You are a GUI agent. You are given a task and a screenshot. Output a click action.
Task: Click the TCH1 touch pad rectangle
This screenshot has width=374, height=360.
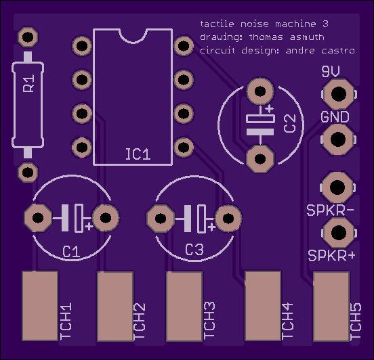coord(40,306)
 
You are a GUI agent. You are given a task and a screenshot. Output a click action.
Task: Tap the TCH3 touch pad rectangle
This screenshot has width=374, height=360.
coord(184,307)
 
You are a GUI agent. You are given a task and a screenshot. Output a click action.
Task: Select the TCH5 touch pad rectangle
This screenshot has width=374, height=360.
coord(331,307)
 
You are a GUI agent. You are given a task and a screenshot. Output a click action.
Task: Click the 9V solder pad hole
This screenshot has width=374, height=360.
coord(339,94)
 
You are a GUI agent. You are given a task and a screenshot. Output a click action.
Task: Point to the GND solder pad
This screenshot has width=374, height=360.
coord(338,139)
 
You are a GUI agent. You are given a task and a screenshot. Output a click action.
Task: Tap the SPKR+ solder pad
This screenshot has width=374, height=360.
coord(339,233)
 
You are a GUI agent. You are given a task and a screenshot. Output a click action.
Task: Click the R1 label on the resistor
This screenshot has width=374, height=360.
coord(28,83)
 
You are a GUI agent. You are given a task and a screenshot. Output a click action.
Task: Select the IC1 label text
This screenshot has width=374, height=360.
coord(138,154)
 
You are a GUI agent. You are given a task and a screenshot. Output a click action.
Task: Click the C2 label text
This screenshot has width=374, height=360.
coord(290,123)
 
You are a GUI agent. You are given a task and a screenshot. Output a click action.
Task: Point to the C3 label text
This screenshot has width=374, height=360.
coord(194,250)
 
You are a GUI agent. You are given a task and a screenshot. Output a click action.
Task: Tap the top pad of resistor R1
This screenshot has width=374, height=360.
coord(28,37)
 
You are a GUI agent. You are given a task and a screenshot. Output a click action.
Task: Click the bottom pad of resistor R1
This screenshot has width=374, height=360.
coord(28,173)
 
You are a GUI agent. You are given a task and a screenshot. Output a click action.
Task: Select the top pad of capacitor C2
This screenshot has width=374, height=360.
coord(260,91)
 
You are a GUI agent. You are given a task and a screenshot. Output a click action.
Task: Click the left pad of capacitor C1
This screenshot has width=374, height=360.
coord(38,217)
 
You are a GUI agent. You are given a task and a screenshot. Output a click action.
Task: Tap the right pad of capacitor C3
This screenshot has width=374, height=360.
coord(228,219)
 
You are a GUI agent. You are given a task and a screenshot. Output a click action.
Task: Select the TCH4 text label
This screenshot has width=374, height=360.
coord(287,321)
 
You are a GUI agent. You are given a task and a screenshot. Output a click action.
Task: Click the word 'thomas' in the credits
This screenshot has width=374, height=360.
coord(266,37)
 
